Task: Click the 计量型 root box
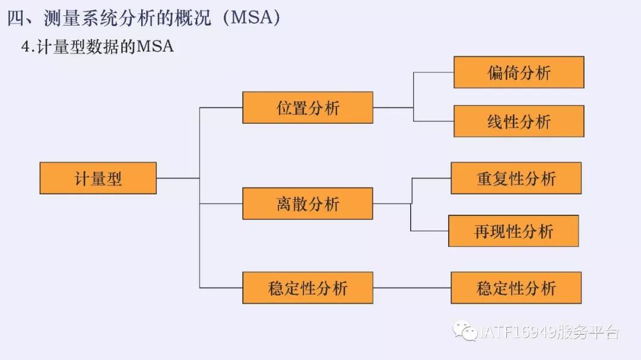[98, 178]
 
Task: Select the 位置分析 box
[307, 107]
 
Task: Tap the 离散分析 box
[307, 203]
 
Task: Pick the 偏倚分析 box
[519, 72]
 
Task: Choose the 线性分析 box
[519, 121]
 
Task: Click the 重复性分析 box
[516, 178]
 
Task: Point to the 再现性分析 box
[513, 231]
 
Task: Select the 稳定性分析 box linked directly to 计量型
[307, 288]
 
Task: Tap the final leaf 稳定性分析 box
[516, 288]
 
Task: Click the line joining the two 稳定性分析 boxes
[412, 288]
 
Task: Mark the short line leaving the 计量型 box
[177, 178]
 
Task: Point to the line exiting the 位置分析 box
[393, 107]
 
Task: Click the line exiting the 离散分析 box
[392, 203]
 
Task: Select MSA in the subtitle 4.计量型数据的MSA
[155, 46]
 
